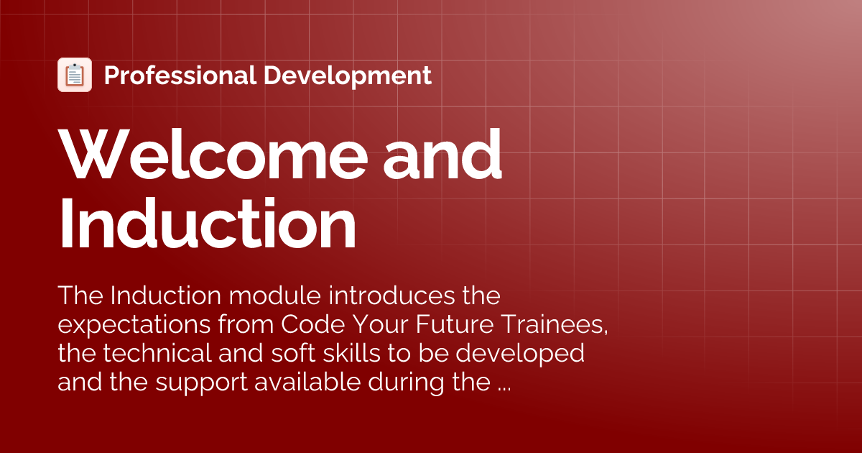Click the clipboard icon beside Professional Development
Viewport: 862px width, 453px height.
[75, 75]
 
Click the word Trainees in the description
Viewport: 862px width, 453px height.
[552, 324]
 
